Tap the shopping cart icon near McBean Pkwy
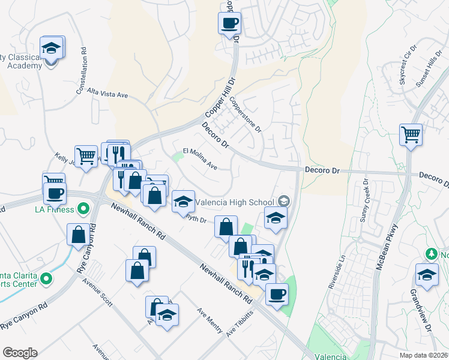(411, 134)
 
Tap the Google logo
(20, 353)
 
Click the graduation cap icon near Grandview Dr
(426, 275)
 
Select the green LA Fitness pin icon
(83, 209)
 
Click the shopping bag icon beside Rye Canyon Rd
(78, 234)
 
